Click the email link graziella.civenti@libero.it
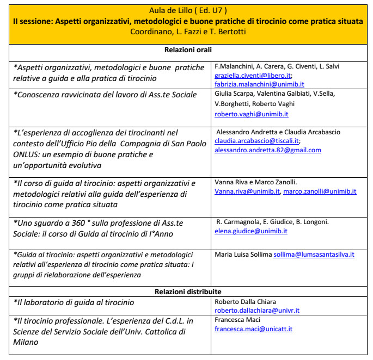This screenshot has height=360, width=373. pos(253,76)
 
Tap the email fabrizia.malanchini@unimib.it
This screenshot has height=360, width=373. pos(259,84)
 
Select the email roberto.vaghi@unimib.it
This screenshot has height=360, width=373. pos(252,114)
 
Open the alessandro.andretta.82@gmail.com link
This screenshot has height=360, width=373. pos(268,150)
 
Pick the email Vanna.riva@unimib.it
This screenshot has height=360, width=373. pos(247,191)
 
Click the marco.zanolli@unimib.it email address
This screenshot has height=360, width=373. pos(320,191)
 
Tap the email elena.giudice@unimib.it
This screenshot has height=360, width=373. pos(251,231)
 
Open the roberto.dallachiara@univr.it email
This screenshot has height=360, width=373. pos(256,311)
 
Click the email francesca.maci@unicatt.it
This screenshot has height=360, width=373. pos(253,329)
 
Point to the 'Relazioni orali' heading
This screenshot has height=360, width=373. pos(186,51)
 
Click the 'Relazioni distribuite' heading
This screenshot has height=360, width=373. pos(186,291)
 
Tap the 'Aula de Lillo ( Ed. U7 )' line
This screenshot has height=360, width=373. pos(186,10)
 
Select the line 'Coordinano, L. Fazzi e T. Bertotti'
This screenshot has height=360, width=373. pos(186,32)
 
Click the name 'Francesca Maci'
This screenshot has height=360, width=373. pos(237,320)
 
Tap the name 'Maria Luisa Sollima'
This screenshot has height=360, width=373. pos(243,254)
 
